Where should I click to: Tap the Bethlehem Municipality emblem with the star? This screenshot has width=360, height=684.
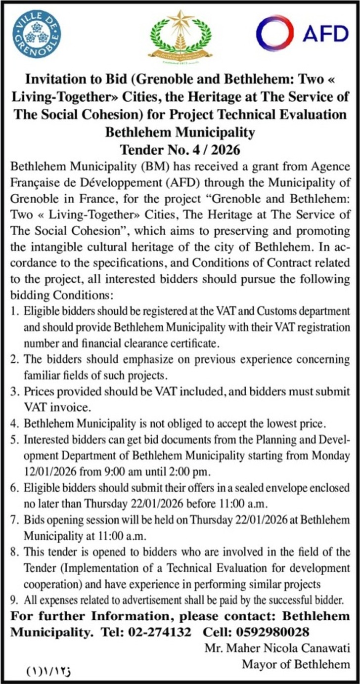(180, 36)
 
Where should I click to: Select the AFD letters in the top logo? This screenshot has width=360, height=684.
(325, 34)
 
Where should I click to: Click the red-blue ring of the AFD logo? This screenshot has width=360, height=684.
(275, 33)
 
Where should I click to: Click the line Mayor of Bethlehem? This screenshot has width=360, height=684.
(295, 664)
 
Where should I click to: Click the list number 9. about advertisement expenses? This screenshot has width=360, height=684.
(14, 600)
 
